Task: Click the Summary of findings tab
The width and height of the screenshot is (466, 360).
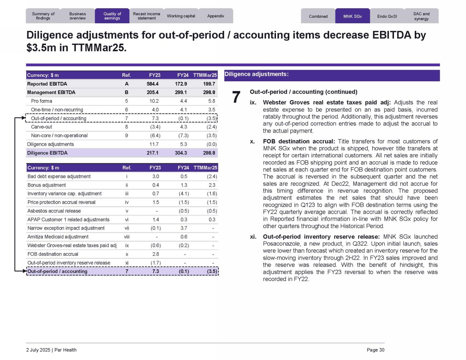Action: tap(43, 16)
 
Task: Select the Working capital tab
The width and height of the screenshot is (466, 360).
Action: tap(181, 16)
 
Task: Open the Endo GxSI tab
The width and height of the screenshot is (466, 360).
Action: tap(387, 16)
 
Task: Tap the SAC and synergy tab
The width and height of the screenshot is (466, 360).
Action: tap(421, 16)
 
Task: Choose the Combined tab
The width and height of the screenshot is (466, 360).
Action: tap(318, 16)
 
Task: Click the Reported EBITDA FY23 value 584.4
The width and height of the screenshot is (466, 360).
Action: tap(152, 84)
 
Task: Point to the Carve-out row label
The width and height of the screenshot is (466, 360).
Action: tap(42, 127)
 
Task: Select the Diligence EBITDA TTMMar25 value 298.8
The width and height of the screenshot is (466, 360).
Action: tap(209, 153)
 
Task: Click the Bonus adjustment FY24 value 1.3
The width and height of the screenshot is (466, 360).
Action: tap(184, 185)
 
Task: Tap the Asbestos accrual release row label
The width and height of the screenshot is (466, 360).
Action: tap(54, 211)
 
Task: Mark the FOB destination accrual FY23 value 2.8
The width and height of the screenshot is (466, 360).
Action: tap(156, 254)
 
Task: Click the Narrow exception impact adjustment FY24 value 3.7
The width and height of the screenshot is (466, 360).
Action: tap(184, 228)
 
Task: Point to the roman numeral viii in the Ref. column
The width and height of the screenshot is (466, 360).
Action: tap(127, 237)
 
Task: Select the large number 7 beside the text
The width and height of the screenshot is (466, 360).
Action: tap(236, 97)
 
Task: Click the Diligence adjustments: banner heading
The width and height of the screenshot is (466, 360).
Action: tap(257, 75)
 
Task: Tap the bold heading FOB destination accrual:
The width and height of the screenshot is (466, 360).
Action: tap(299, 141)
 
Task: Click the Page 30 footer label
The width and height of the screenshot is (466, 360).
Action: tap(375, 350)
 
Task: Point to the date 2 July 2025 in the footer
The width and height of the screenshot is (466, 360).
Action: tap(38, 350)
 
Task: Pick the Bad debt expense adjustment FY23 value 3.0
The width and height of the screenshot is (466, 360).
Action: tap(156, 177)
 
